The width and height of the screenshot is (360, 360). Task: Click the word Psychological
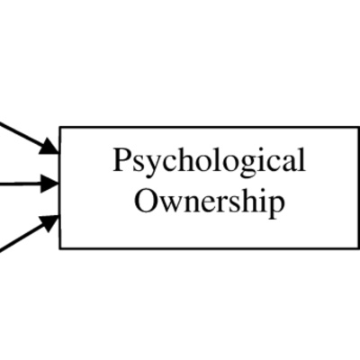209,162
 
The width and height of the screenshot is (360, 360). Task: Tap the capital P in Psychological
121,159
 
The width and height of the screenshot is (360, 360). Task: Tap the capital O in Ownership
147,201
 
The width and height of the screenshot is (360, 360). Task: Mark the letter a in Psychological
288,164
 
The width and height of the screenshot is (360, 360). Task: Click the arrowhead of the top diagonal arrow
49,147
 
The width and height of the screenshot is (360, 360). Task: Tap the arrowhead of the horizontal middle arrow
50,184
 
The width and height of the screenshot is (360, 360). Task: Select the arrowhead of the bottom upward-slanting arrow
50,222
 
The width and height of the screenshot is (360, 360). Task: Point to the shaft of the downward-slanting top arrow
21,133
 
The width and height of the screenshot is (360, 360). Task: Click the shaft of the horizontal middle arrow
21,184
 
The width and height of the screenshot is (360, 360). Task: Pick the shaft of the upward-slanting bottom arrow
22,237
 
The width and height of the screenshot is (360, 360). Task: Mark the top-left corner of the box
60,127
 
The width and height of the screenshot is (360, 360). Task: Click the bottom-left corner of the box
60,248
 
